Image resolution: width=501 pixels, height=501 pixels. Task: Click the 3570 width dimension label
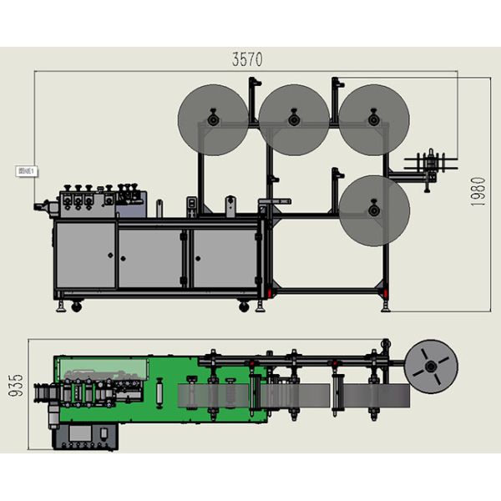247,59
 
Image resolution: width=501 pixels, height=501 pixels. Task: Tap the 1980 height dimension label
478,192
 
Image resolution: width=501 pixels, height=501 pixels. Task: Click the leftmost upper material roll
214,120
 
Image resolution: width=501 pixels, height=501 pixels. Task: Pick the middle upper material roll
294,120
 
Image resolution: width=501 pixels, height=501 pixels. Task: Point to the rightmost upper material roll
373,120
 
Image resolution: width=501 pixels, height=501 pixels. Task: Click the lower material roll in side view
373,210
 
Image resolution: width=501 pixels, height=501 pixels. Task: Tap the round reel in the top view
431,367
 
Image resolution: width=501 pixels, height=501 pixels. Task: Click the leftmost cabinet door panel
85,256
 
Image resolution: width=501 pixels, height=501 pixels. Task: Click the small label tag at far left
26,171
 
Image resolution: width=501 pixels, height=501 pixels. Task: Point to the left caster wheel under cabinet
77,306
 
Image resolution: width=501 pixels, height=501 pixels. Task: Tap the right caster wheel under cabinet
244,306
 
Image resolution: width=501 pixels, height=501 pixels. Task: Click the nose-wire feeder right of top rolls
430,164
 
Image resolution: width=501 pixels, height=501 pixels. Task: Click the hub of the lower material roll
373,210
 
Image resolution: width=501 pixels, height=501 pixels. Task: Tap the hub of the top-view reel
431,367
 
